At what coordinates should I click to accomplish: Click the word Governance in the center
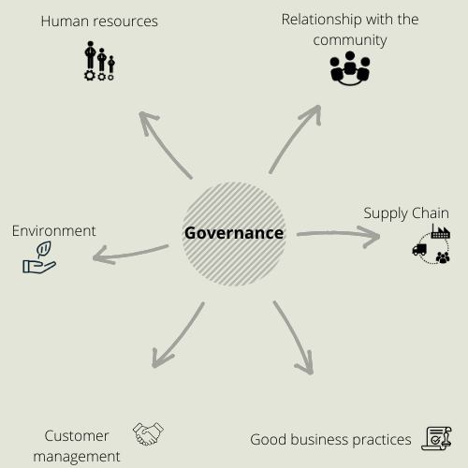[234, 233]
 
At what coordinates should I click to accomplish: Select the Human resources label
[99, 22]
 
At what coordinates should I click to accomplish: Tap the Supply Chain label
[406, 213]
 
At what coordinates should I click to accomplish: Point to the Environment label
[53, 231]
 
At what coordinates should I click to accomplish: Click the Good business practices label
[330, 440]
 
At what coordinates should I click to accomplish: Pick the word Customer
[77, 436]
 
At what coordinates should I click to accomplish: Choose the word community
[350, 40]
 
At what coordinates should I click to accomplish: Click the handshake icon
[148, 434]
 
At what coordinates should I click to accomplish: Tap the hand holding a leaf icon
[39, 257]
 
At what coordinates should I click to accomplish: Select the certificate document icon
[437, 438]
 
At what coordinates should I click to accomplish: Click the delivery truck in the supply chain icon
[419, 250]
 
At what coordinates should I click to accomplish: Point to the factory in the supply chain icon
[441, 232]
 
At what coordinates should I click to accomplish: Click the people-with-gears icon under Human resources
[99, 61]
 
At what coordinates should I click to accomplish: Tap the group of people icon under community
[350, 68]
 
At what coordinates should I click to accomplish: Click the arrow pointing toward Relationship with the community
[292, 138]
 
